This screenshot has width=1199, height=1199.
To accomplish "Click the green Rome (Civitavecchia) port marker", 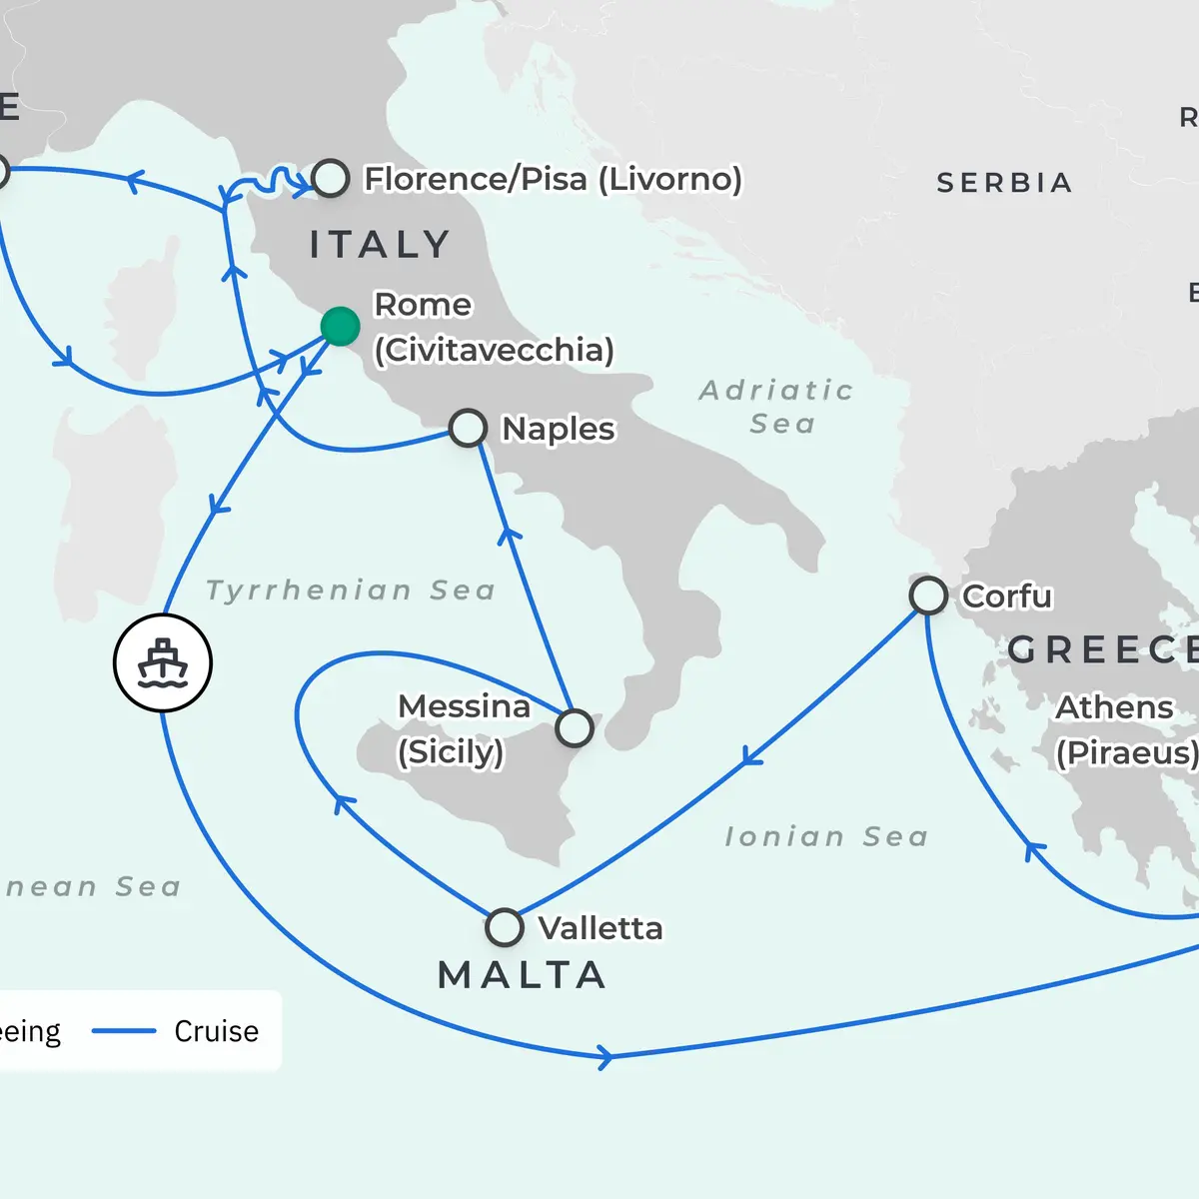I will [340, 327].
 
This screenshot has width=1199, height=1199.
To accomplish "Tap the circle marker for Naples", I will [468, 428].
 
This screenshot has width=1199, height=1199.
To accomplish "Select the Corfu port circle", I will [928, 596].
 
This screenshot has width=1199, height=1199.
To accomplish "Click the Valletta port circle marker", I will [505, 927].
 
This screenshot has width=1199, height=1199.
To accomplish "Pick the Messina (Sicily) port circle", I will [575, 728].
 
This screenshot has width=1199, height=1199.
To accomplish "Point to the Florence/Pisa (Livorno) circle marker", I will [331, 178].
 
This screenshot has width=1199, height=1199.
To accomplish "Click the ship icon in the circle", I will [163, 663].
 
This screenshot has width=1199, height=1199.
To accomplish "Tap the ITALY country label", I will [380, 245].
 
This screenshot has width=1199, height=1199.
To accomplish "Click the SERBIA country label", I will [1003, 183].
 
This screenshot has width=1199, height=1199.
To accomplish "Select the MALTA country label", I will [523, 975].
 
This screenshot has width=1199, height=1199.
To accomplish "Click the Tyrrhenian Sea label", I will [351, 591].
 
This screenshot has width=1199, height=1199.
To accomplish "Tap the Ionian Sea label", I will [826, 836].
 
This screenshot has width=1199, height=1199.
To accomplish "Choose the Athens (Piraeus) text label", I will [1125, 729].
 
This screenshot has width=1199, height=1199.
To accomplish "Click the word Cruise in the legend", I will [216, 1031].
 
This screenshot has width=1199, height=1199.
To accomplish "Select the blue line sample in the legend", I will [124, 1031].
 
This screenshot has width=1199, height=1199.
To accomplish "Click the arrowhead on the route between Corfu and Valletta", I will [751, 758].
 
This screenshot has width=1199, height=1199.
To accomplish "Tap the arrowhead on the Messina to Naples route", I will [510, 534].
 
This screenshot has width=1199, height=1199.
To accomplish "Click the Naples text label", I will [558, 429].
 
